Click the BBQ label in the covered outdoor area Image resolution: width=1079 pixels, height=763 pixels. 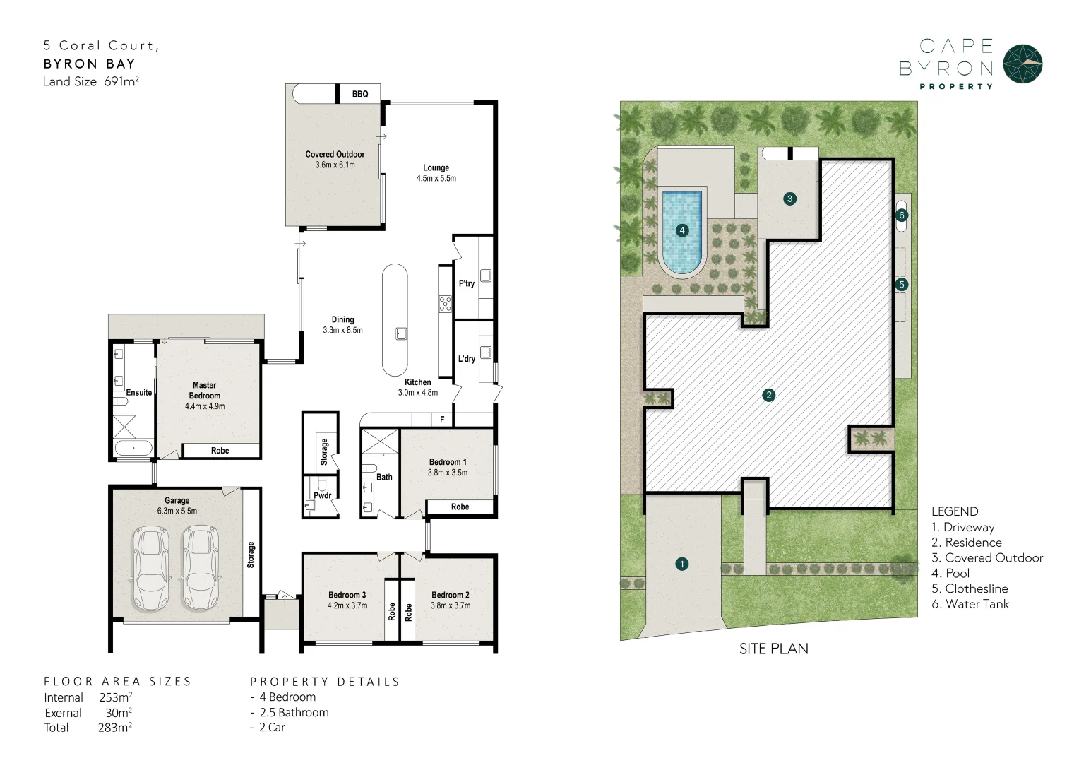[360, 94]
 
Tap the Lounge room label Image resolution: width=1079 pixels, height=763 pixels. [436, 168]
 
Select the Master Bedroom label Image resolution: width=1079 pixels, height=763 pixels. [205, 391]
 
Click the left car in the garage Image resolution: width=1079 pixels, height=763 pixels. [151, 568]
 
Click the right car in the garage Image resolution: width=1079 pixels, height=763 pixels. [201, 568]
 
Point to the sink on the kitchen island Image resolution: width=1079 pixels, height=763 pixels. [401, 333]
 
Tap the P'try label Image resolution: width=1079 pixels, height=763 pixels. [466, 283]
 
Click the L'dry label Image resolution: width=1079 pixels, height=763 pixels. [466, 359]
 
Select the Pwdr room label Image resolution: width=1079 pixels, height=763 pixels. [322, 495]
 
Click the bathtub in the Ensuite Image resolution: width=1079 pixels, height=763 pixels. [133, 448]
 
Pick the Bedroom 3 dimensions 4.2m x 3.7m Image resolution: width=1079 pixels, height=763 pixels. [347, 605]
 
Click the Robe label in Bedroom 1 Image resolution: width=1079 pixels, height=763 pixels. [460, 507]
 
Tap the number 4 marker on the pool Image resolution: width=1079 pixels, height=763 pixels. [682, 230]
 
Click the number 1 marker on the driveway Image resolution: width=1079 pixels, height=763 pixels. [682, 564]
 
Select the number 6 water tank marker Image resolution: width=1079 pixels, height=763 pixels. [901, 215]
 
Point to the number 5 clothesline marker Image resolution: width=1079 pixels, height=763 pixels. [901, 285]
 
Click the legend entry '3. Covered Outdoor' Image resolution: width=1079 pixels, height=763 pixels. [986, 558]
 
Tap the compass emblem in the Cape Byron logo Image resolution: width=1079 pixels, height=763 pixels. [1023, 64]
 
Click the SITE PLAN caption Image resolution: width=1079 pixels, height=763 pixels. [773, 649]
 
